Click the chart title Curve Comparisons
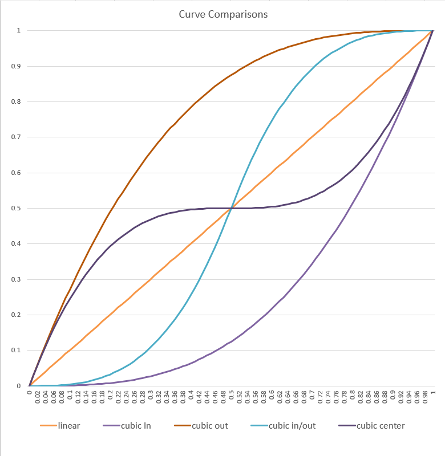(222, 14)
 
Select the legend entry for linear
(68, 426)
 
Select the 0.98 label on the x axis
(425, 398)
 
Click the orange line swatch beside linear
(48, 426)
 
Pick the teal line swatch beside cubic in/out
(260, 426)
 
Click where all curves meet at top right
(432, 31)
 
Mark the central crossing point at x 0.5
(231, 208)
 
